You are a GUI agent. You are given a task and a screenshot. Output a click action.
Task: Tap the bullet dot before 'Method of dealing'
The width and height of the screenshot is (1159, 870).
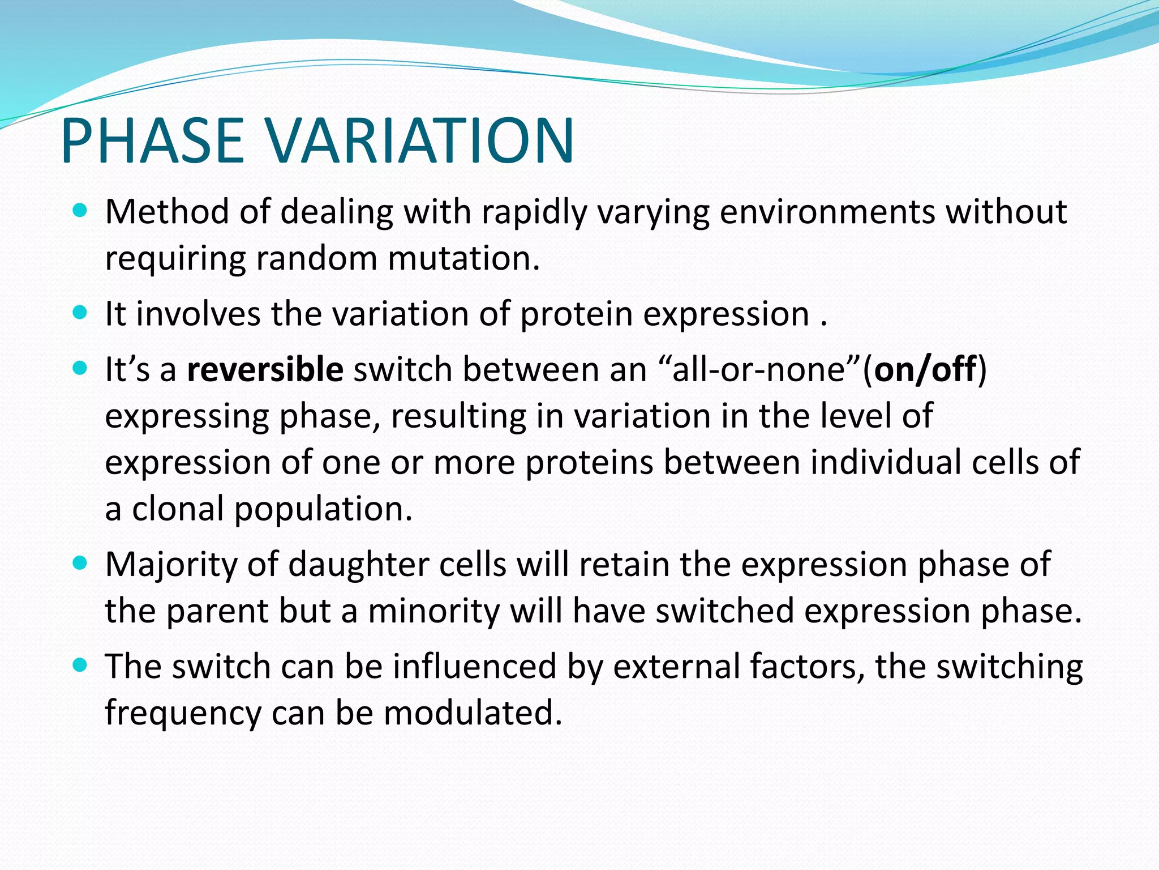(80, 211)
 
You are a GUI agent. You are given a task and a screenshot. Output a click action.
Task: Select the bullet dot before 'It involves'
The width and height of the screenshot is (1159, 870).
(80, 313)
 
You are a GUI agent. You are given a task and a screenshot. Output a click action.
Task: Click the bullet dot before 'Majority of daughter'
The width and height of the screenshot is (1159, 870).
(80, 564)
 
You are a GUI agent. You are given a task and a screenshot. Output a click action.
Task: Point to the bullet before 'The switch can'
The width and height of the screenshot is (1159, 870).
(80, 665)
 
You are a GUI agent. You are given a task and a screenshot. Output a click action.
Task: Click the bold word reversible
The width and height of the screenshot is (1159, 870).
(265, 369)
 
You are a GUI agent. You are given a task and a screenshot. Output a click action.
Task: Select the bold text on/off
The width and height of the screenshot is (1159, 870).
(925, 369)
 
